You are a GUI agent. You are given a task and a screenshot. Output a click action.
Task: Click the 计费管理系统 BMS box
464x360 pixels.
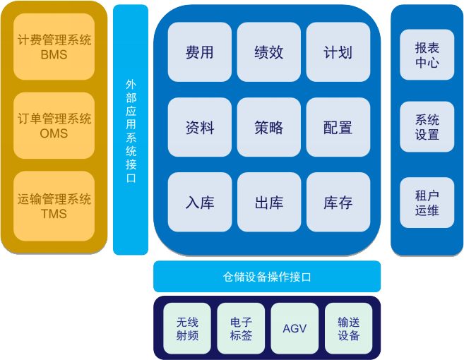pos(54,47)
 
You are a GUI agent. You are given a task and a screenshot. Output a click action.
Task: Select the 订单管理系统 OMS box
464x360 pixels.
pos(54,126)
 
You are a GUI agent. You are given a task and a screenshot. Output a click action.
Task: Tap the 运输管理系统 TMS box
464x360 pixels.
pos(54,206)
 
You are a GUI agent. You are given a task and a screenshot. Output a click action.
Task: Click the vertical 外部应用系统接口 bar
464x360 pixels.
pos(131,130)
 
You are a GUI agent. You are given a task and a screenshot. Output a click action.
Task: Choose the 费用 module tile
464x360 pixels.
pos(200,52)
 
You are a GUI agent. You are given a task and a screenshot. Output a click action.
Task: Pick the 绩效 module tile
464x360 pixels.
pos(269,52)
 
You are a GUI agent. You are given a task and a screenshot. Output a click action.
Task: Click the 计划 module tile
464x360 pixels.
pos(338,52)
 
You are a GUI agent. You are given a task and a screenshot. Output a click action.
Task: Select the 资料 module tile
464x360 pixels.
pos(200,127)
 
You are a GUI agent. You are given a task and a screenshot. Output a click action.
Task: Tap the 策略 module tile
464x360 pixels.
pos(269,127)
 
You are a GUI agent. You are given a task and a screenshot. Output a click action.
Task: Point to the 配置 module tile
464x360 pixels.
pos(338,127)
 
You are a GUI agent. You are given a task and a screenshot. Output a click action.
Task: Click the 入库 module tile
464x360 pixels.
pos(200,203)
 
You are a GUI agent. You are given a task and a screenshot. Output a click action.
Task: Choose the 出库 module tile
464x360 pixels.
pos(269,203)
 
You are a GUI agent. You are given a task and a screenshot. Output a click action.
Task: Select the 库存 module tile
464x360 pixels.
pos(338,203)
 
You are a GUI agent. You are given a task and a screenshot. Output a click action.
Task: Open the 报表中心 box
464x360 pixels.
pos(427,54)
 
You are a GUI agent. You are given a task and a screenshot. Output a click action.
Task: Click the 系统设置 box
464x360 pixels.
pos(427,127)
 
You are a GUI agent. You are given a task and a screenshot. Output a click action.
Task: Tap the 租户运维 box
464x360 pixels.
pos(427,203)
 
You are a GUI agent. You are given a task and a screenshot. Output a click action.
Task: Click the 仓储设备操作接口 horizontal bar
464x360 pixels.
pos(267,276)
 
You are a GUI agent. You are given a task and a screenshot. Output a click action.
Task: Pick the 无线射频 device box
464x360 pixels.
pos(187,328)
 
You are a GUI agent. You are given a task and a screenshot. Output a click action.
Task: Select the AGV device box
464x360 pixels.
pos(295,328)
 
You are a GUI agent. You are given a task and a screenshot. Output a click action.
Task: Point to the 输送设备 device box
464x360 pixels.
pos(348,328)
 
